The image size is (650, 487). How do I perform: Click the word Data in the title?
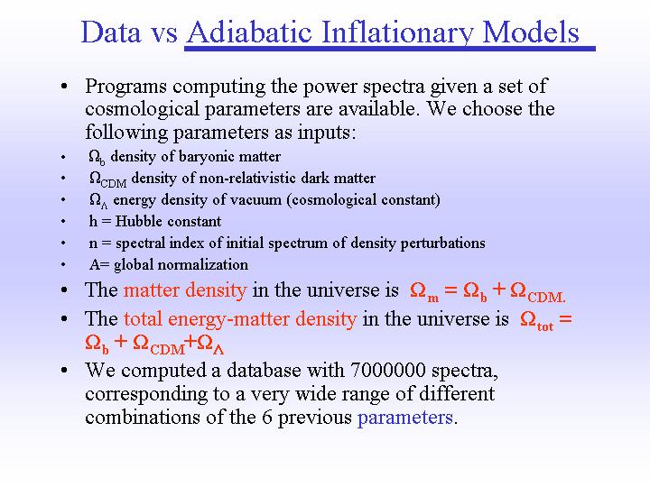(x=111, y=32)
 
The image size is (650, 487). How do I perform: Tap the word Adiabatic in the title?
(x=249, y=32)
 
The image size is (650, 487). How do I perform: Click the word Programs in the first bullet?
(x=126, y=87)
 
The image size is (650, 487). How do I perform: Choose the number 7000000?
(x=388, y=370)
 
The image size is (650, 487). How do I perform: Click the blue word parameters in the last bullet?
(x=405, y=418)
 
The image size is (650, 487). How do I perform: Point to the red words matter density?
(x=185, y=289)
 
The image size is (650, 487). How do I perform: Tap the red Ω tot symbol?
(x=537, y=320)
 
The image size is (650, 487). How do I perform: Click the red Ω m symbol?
(x=424, y=291)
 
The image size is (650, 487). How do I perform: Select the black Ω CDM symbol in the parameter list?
(x=107, y=179)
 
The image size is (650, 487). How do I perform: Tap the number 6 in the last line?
(x=267, y=417)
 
